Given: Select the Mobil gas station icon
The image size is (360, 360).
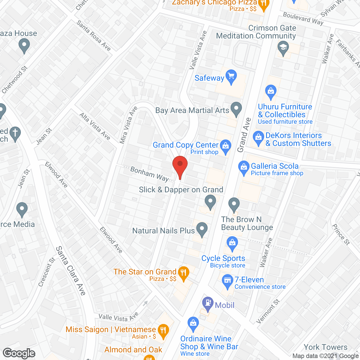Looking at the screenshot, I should click(208, 303).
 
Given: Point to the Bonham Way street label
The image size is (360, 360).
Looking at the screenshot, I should click(149, 174).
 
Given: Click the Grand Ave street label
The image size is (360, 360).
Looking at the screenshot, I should click(244, 135).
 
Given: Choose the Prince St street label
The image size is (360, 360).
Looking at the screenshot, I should click(341, 234).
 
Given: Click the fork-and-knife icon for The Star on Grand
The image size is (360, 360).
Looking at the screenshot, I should click(183, 273).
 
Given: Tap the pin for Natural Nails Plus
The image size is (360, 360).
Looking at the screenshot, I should click(202, 229).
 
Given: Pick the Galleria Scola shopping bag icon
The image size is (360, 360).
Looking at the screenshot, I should click(244, 167).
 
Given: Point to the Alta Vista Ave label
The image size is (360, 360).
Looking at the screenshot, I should click(95, 126).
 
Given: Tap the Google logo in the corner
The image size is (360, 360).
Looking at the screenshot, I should click(19, 353).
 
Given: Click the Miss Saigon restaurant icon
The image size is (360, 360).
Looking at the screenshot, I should click(163, 330).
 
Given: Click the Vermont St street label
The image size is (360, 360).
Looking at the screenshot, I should click(268, 311).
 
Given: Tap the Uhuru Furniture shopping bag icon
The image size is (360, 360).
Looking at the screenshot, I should click(271, 91).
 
